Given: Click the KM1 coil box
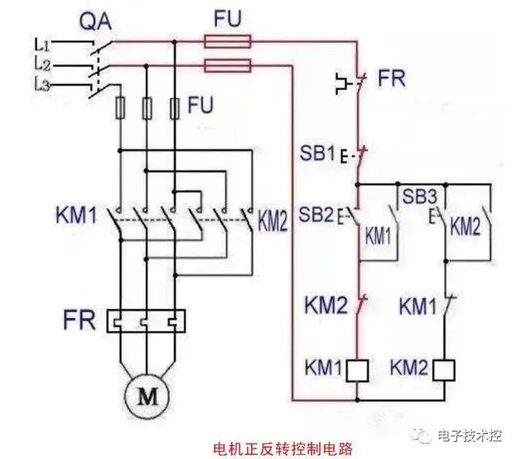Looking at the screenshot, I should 357,369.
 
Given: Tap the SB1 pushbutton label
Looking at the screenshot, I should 317,153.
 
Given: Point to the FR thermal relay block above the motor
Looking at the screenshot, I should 146,321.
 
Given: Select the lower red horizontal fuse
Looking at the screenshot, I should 228,66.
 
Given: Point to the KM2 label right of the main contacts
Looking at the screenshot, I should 273,220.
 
